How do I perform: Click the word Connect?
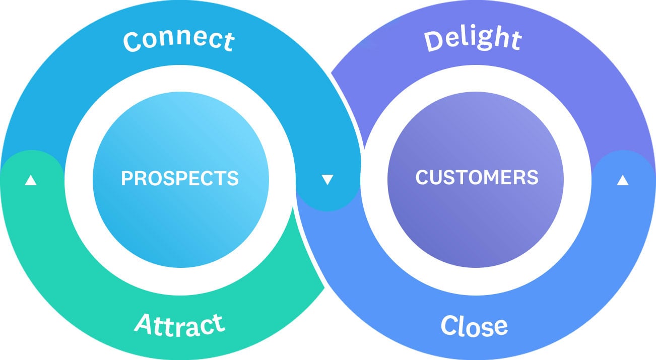point(179,41)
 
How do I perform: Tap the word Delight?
point(473,39)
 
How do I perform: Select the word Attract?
point(179,325)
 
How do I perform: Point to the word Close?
point(474,326)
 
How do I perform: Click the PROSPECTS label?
point(180,178)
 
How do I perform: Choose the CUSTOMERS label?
point(477,177)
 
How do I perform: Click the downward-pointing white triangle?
point(327,180)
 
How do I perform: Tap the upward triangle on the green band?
point(31,180)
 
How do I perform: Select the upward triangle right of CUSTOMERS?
point(623,180)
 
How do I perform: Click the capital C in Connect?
point(133,42)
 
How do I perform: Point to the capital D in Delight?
point(434,41)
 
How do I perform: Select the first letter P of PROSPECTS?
point(126,178)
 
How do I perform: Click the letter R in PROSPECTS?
point(139,178)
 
